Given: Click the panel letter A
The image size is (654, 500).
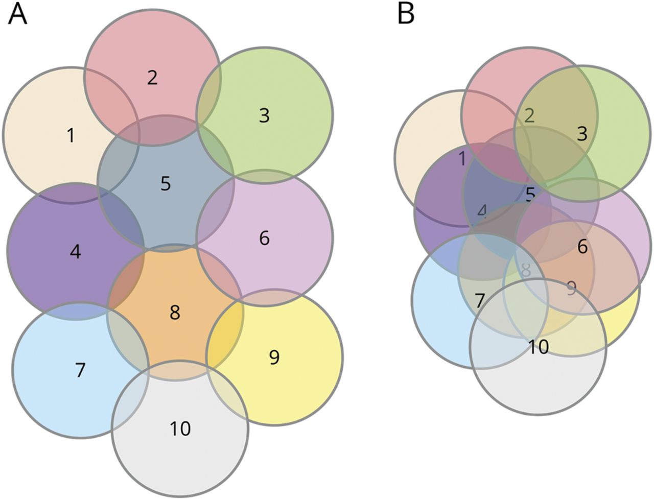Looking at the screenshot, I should pyautogui.click(x=17, y=14).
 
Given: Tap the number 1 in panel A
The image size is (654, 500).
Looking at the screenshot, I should pyautogui.click(x=71, y=136).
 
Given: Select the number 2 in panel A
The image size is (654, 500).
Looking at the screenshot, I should pyautogui.click(x=152, y=78).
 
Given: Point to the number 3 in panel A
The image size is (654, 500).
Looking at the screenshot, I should pyautogui.click(x=264, y=116).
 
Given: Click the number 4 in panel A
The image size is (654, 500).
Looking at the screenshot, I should pyautogui.click(x=75, y=252).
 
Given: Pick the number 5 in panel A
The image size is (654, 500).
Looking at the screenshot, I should pyautogui.click(x=166, y=183).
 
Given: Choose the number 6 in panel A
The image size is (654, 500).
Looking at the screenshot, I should pyautogui.click(x=264, y=239).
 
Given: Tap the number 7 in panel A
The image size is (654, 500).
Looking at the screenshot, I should pyautogui.click(x=80, y=370).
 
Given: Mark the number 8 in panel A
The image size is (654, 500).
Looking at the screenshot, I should pyautogui.click(x=175, y=313).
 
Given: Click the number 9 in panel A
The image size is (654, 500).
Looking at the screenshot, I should pyautogui.click(x=274, y=358).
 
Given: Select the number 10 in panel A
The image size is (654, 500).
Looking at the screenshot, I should pyautogui.click(x=180, y=428).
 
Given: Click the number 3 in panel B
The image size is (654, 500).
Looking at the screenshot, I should pyautogui.click(x=582, y=134).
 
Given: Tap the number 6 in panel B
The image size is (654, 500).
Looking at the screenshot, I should pyautogui.click(x=582, y=247).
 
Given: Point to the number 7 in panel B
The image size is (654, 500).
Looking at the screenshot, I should pyautogui.click(x=479, y=301).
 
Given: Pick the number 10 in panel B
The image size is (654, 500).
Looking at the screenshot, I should pyautogui.click(x=538, y=347).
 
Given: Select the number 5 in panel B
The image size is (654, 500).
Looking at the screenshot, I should pyautogui.click(x=530, y=194).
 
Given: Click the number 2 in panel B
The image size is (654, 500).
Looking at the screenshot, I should pyautogui.click(x=529, y=115).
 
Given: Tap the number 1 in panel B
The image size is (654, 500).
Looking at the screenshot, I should pyautogui.click(x=462, y=159).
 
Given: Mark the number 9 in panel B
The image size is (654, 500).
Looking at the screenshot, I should pyautogui.click(x=571, y=289).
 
